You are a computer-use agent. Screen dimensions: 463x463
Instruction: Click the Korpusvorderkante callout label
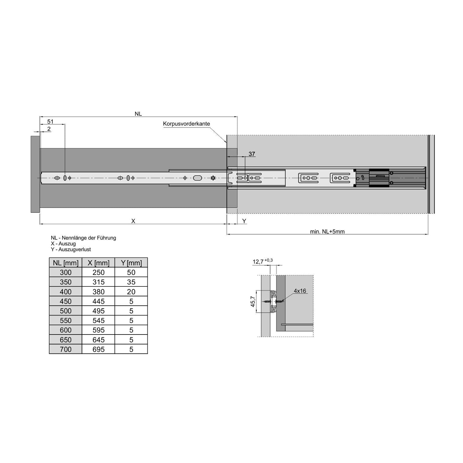pos(186,124)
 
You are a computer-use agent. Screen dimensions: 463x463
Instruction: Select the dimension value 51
pos(50,121)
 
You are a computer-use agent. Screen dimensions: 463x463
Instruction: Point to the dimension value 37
pos(252,154)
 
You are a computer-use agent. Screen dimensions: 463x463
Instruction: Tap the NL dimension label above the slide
pos(138,114)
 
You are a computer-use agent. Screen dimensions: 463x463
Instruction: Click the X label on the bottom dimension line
pos(133,221)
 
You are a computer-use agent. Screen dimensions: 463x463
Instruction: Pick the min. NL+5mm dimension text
pos(327,231)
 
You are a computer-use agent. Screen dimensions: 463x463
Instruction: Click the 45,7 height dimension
pos(252,301)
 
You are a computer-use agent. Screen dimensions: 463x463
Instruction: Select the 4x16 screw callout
pos(300,291)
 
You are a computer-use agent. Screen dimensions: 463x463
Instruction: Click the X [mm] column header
pos(98,263)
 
